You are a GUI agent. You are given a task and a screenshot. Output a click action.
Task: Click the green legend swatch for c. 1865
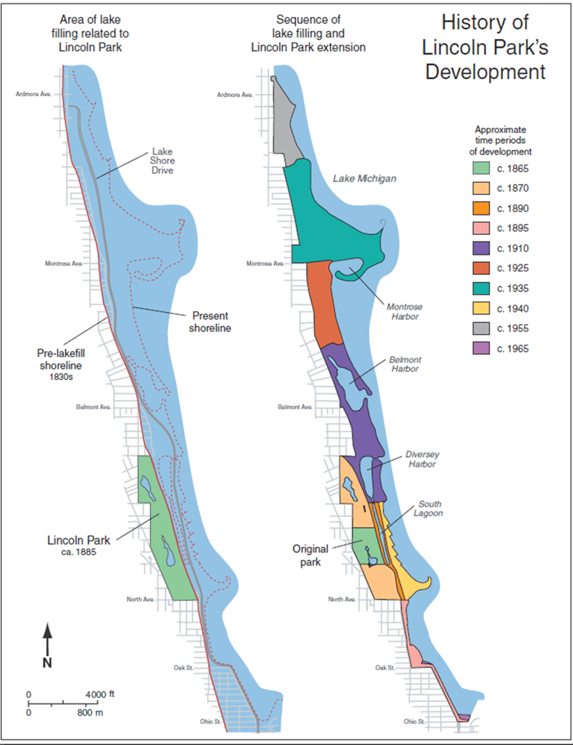tap(481, 169)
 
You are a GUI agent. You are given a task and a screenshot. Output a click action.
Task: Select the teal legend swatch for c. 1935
tap(481, 288)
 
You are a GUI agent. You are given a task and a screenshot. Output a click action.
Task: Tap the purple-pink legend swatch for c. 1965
tap(481, 349)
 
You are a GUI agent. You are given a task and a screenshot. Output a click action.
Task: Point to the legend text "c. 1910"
tap(513, 248)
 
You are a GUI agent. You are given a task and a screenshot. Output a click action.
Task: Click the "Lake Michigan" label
tap(365, 179)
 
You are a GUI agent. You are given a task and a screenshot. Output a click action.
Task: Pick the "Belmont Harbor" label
tap(406, 364)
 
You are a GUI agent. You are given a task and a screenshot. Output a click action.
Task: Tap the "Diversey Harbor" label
tap(423, 459)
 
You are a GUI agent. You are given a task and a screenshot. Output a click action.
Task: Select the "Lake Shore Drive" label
tap(162, 161)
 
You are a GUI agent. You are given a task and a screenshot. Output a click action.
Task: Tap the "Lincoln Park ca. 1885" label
tap(78, 545)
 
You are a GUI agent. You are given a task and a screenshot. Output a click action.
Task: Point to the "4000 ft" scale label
tap(99, 693)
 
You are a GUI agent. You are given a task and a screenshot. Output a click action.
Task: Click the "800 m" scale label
tap(90, 713)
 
